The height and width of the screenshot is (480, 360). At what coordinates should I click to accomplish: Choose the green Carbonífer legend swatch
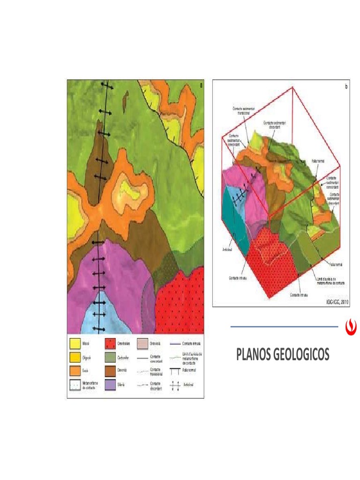pyautogui.click(x=110, y=358)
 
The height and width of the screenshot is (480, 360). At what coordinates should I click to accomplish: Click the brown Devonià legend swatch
pyautogui.click(x=110, y=371)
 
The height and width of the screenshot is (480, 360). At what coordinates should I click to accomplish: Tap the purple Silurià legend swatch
pyautogui.click(x=110, y=384)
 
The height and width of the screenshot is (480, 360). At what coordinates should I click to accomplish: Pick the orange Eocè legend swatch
pyautogui.click(x=75, y=371)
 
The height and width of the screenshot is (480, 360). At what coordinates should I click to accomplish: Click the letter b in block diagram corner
pyautogui.click(x=346, y=87)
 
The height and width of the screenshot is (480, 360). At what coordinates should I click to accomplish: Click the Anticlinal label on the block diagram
pyautogui.click(x=228, y=249)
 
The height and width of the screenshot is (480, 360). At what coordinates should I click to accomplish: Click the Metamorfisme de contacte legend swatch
pyautogui.click(x=75, y=384)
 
